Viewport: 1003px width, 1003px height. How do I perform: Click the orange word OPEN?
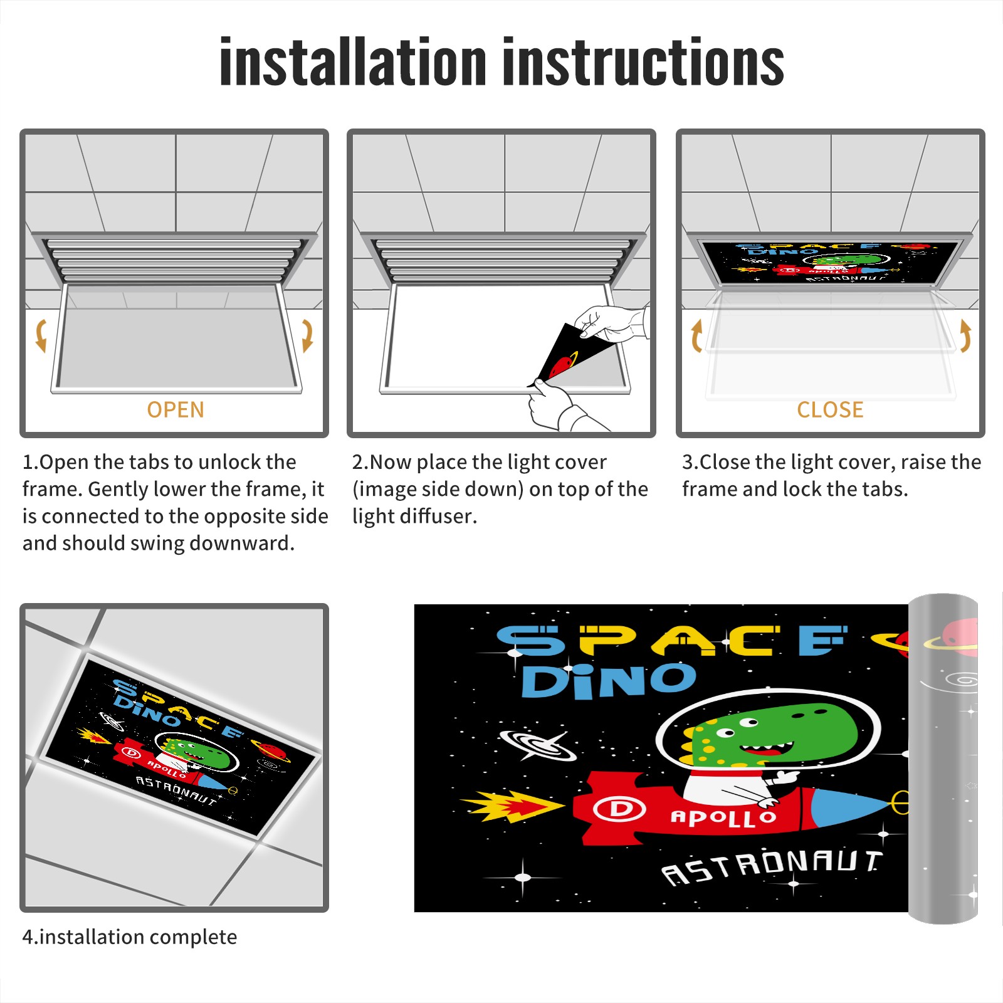[176, 410]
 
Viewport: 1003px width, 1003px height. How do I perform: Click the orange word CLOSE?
[830, 410]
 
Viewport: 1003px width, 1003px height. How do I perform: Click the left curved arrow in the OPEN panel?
[41, 335]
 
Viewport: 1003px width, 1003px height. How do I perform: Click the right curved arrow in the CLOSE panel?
[965, 335]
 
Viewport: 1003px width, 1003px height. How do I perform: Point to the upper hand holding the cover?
[611, 322]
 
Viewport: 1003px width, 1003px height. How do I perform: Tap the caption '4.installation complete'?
[130, 937]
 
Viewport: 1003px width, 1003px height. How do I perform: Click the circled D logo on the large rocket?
[619, 809]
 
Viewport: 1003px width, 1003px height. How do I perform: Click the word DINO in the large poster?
[608, 681]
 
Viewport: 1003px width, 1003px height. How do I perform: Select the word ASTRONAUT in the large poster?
[772, 867]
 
